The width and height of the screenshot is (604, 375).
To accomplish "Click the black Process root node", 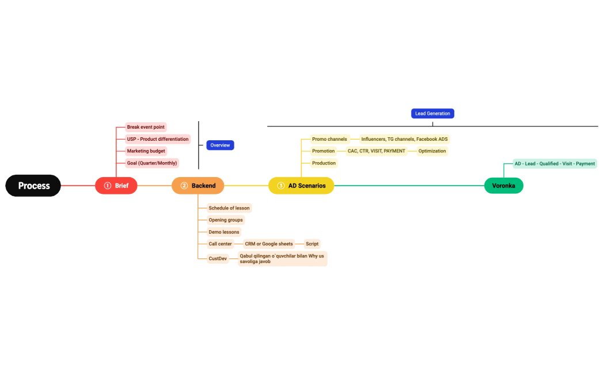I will [x=33, y=186].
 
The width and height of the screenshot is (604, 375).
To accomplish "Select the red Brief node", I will [x=116, y=186].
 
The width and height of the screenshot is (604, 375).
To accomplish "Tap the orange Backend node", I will [x=197, y=186].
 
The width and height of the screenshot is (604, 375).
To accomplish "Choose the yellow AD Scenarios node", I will [x=301, y=186].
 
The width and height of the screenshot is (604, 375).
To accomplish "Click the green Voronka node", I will [x=503, y=186].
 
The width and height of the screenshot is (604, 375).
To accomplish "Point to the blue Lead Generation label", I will [x=432, y=114].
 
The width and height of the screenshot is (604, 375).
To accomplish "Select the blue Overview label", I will [x=220, y=145].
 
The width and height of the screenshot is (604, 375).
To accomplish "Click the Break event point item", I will [x=146, y=127].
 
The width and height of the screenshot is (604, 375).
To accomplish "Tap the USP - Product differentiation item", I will [x=158, y=139].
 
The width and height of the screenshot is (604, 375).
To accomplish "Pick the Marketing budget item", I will [x=146, y=151].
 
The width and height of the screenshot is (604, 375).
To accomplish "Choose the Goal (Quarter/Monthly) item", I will [x=152, y=163].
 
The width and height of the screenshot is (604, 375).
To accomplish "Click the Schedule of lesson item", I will [x=229, y=208].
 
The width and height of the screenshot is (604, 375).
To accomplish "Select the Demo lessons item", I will [x=224, y=232].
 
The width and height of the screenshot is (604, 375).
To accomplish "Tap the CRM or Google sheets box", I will [x=269, y=244].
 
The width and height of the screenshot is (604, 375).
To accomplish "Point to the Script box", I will [x=312, y=244].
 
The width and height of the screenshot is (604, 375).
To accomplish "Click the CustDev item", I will [x=218, y=258].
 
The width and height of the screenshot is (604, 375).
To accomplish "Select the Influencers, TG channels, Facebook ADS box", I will [x=404, y=139].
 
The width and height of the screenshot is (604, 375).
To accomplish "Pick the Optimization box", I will [x=432, y=151].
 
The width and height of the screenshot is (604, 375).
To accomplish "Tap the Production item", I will [x=324, y=163].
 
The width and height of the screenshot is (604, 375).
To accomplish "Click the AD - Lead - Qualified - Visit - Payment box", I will [x=554, y=164].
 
